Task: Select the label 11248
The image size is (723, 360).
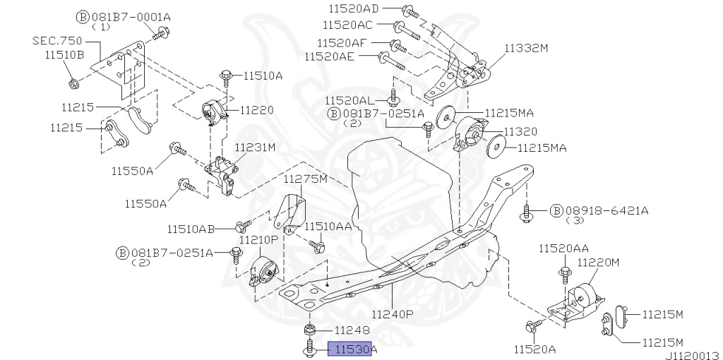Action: click(352, 330)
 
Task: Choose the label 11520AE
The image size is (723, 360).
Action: click(329, 56)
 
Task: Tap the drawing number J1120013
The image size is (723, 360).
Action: click(691, 354)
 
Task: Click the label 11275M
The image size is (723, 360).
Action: click(305, 179)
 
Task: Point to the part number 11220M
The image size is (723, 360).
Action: click(598, 262)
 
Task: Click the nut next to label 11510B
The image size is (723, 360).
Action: click(73, 84)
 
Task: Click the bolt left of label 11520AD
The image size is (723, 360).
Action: click(409, 11)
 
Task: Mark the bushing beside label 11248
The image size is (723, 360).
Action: click(309, 330)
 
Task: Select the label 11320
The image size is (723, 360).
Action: click(520, 131)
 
